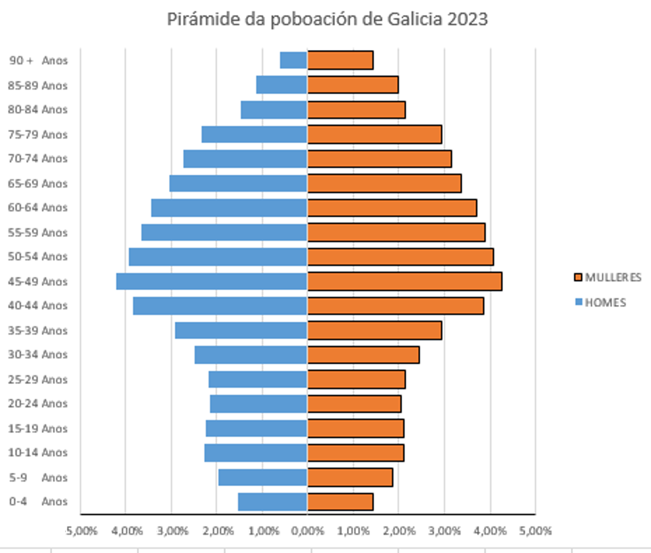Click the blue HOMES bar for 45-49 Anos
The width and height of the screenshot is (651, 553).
coord(212,281)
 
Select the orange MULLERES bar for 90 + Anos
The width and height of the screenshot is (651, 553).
coord(340,60)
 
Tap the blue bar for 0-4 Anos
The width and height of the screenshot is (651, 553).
coord(272,502)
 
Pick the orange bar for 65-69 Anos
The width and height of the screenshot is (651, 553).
coord(384,183)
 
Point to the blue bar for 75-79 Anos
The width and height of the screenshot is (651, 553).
coord(254,134)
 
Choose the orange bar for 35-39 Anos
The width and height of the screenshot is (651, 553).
coord(374,331)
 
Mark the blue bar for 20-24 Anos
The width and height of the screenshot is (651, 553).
coord(258,404)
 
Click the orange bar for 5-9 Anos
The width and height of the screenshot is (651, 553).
coord(350,477)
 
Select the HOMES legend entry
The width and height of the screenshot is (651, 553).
coord(600,302)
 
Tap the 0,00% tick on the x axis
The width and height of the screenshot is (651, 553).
coord(307,531)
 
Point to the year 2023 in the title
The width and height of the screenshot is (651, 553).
coord(467,19)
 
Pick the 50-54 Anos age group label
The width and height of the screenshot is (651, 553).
coord(38,257)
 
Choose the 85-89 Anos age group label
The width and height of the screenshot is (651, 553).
coord(38,85)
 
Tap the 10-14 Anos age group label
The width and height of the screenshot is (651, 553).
coord(38,453)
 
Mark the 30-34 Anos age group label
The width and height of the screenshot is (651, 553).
coord(38,355)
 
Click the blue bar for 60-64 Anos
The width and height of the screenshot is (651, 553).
coord(229,208)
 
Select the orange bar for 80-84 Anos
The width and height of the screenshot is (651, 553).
coord(356,110)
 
